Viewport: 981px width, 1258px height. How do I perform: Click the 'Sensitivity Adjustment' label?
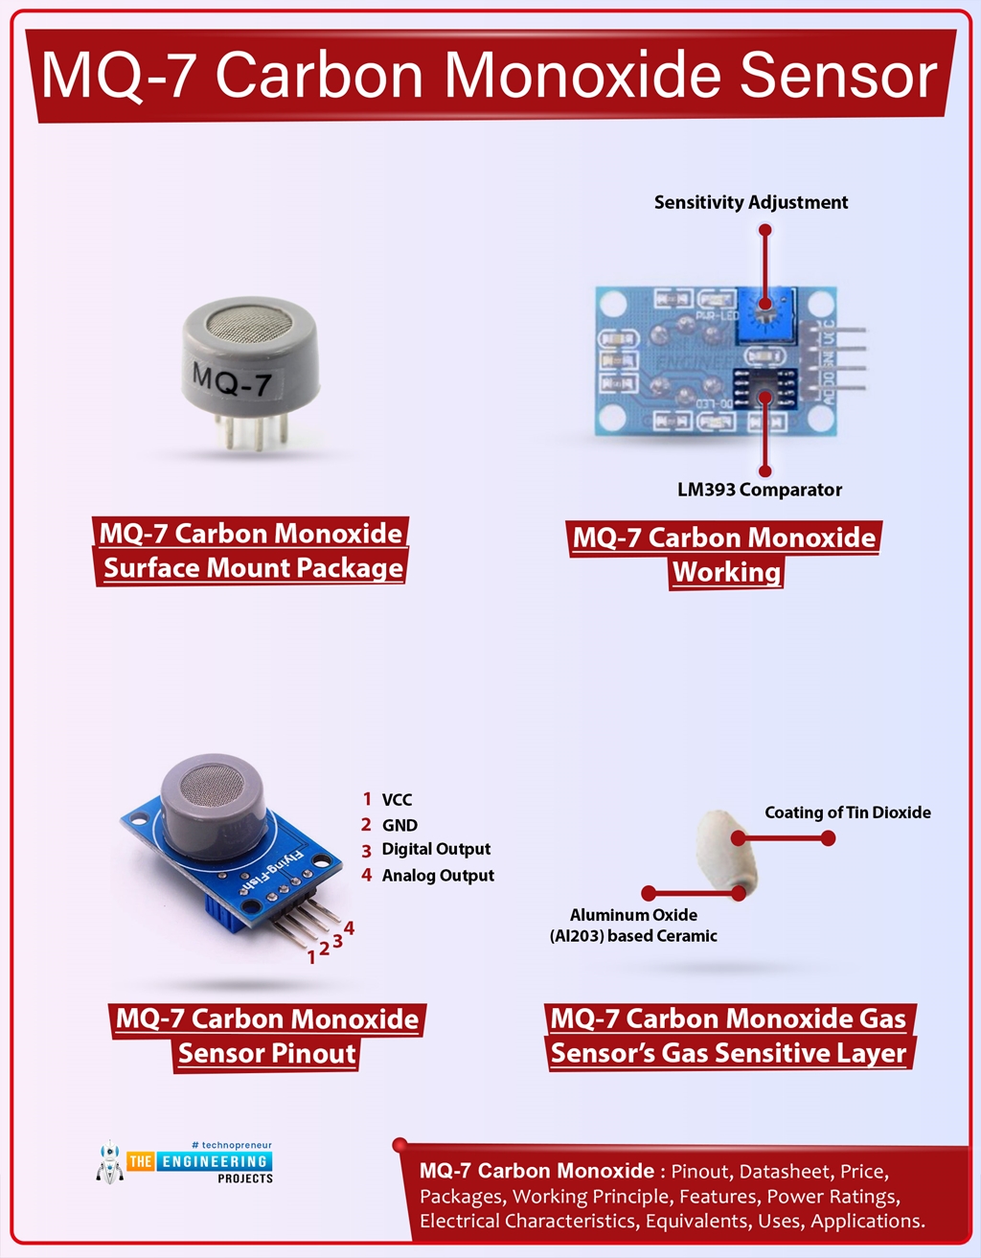pos(750,202)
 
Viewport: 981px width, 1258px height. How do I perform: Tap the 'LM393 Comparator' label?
pos(759,490)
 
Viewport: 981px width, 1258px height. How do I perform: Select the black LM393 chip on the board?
pos(764,392)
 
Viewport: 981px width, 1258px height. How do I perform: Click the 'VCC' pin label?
pos(397,800)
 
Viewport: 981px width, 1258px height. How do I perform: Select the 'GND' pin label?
pos(399,825)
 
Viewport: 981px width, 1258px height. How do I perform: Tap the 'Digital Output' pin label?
pos(436,849)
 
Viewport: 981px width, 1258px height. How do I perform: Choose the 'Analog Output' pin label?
pos(438,876)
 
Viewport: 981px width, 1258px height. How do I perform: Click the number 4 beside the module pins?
pos(350,927)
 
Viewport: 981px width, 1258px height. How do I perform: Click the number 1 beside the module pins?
pos(311,956)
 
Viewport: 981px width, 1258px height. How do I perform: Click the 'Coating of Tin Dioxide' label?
pos(847,812)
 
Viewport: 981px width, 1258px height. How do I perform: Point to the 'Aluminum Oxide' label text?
pos(633,915)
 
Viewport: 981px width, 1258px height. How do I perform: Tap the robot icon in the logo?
pos(110,1162)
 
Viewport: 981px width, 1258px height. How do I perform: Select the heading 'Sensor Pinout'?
pos(266,1054)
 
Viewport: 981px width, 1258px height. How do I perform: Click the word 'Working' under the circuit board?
pos(726,572)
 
